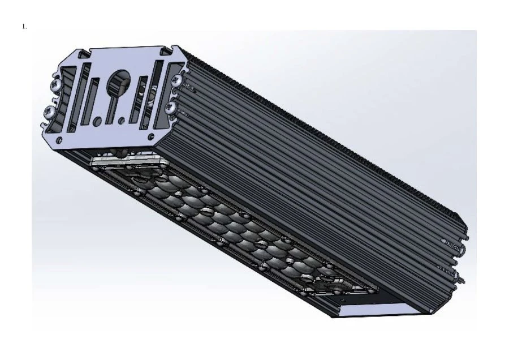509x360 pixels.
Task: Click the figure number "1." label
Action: pyautogui.click(x=24, y=26)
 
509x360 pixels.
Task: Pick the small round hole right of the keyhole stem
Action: pyautogui.click(x=122, y=120)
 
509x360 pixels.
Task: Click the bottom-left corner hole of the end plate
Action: pyautogui.click(x=59, y=140)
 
